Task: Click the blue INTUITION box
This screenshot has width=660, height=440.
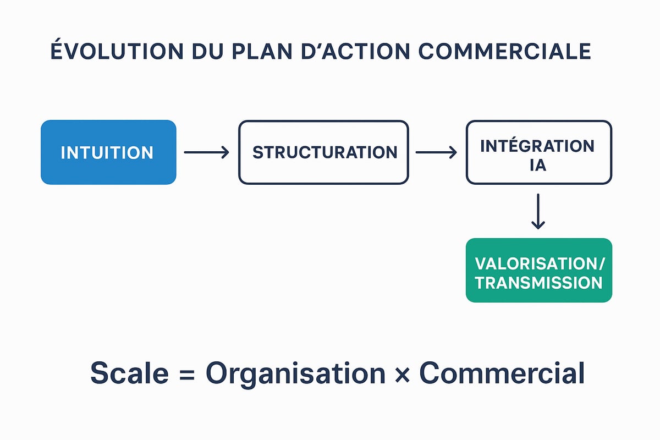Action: pyautogui.click(x=108, y=152)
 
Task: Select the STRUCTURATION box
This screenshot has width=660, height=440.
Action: pyautogui.click(x=323, y=152)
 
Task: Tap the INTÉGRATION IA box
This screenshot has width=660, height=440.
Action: pyautogui.click(x=538, y=152)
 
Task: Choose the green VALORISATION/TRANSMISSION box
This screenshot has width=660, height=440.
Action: pyautogui.click(x=538, y=270)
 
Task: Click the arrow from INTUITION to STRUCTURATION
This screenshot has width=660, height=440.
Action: pyautogui.click(x=206, y=152)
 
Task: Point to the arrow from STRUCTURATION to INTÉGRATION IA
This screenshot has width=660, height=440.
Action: pyautogui.click(x=436, y=152)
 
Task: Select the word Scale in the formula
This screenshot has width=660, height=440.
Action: pyautogui.click(x=129, y=374)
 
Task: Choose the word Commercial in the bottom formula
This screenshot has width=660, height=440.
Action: pyautogui.click(x=502, y=374)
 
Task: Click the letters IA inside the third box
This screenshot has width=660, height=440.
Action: pyautogui.click(x=538, y=164)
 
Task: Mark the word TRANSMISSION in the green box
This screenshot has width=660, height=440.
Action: pyautogui.click(x=538, y=283)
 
